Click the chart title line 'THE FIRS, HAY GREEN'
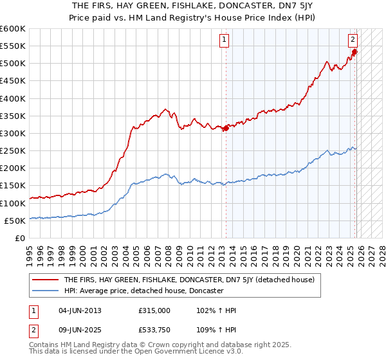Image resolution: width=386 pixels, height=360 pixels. coord(192,6)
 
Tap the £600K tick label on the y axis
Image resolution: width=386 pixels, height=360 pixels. coord(13,29)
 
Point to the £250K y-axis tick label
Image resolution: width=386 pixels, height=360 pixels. coord(13,150)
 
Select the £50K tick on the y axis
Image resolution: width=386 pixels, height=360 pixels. coord(15,221)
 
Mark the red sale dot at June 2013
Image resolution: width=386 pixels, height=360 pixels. coord(226,129)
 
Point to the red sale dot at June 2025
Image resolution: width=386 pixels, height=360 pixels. coord(354,52)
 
